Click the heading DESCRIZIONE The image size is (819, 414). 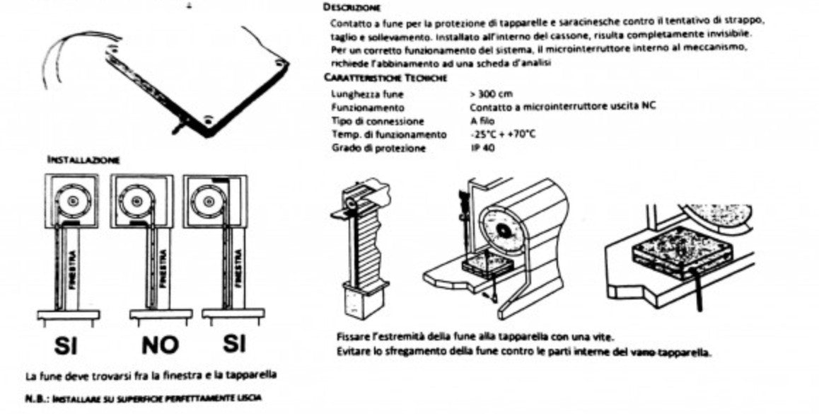(x=352, y=8)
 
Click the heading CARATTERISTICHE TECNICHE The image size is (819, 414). (x=385, y=78)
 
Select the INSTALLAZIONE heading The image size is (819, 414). (x=83, y=160)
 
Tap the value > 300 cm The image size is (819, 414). (x=491, y=93)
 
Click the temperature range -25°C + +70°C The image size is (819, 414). (x=502, y=134)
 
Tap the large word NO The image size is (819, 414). (x=160, y=345)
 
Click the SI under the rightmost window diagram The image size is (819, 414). (x=234, y=343)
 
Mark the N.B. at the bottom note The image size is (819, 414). (x=33, y=398)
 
